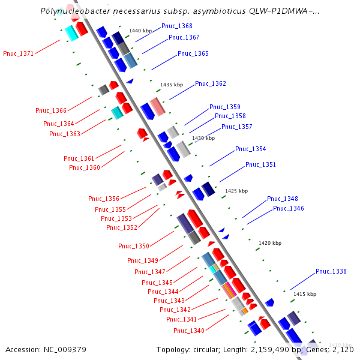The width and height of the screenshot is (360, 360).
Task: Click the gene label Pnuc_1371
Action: click(x=19, y=53)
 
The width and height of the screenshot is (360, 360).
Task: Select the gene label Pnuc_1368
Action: click(x=177, y=26)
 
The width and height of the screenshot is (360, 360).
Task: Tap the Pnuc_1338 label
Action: click(x=331, y=272)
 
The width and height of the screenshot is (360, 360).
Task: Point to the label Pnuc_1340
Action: click(x=189, y=331)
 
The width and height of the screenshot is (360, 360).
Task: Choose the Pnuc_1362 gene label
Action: click(x=211, y=83)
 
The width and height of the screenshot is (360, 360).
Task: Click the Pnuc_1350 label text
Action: click(x=134, y=246)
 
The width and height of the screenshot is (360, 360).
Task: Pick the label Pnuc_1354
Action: click(x=251, y=149)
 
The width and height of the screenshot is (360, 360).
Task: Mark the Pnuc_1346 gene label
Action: click(x=289, y=208)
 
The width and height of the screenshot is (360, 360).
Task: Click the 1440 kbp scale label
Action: click(x=141, y=31)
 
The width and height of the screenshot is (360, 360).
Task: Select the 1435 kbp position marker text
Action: click(x=172, y=85)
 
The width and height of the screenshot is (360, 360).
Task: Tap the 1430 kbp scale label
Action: click(x=203, y=138)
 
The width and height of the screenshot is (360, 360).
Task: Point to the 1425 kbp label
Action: click(x=236, y=191)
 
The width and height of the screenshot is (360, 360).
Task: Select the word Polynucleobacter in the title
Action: click(x=71, y=11)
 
